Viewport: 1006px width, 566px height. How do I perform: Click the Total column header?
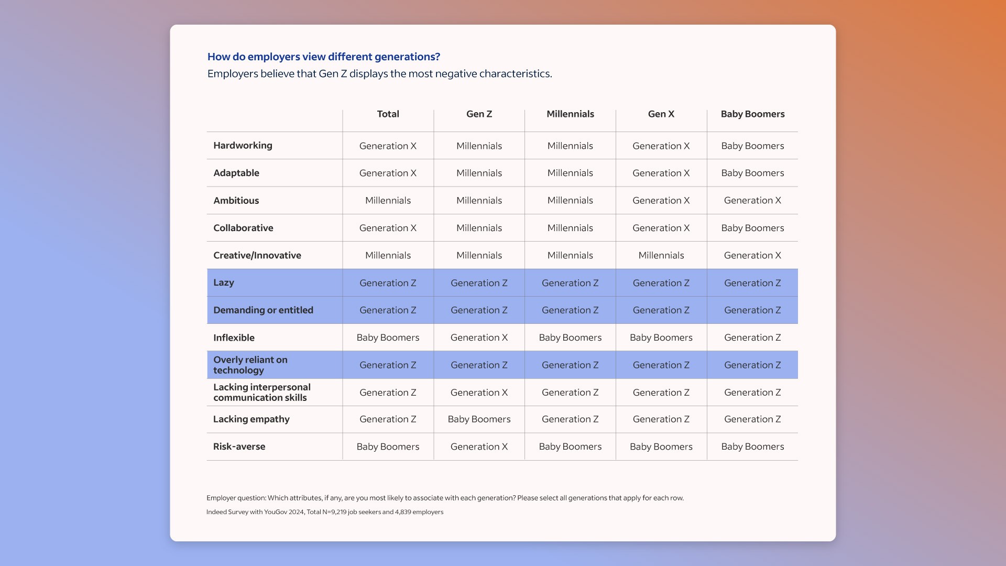(x=388, y=114)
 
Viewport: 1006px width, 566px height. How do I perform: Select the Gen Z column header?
(x=479, y=114)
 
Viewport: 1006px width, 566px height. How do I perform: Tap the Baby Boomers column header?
(x=752, y=114)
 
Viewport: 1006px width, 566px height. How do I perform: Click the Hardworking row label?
(x=243, y=146)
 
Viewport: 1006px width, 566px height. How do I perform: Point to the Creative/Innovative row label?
(x=257, y=255)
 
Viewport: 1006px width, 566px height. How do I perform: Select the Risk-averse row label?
(x=239, y=447)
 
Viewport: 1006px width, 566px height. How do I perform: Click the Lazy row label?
(x=224, y=282)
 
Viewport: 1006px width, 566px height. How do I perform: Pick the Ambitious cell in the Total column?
(x=388, y=201)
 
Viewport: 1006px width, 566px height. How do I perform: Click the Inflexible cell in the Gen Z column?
(x=479, y=338)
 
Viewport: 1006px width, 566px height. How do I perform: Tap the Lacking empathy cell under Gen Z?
(x=479, y=419)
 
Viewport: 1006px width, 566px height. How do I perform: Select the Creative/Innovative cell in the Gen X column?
(x=661, y=255)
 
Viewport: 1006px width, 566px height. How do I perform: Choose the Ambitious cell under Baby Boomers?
(x=752, y=201)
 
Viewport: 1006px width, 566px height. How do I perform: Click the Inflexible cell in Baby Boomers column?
(x=752, y=338)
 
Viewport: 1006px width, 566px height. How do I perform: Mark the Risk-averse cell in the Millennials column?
(x=570, y=447)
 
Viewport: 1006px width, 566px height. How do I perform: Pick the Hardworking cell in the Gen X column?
(x=661, y=146)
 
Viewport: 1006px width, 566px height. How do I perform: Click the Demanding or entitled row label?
(x=263, y=310)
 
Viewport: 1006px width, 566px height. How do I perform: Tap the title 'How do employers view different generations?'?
(x=323, y=57)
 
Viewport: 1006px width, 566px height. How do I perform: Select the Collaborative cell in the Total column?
(x=388, y=228)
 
